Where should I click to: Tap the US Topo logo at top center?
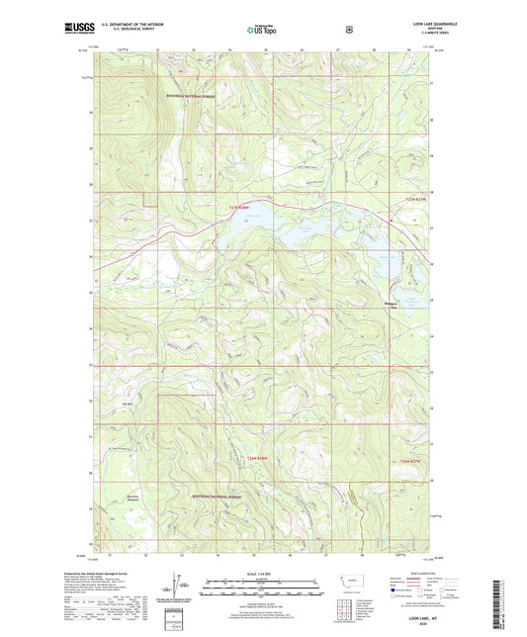click(x=263, y=31)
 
